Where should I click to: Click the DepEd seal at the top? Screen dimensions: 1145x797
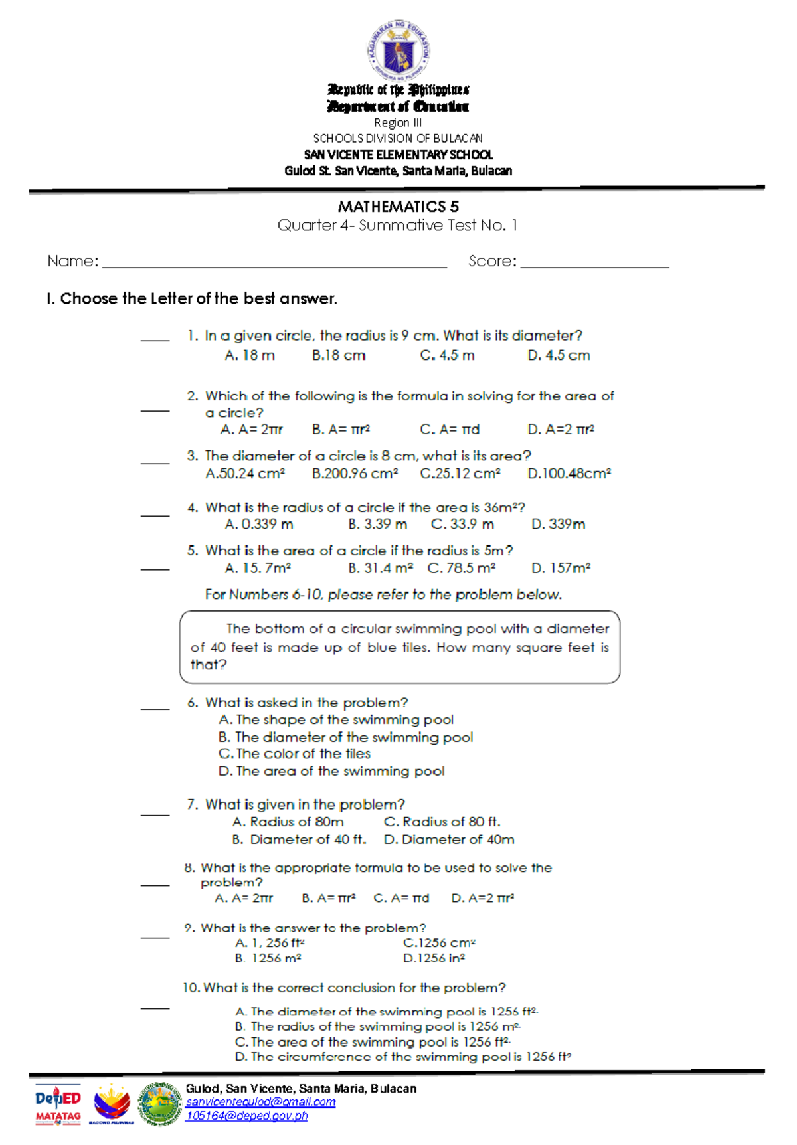pos(398,50)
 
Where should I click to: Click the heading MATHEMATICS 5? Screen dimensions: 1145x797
pos(398,207)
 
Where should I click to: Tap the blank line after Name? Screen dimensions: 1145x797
pos(274,265)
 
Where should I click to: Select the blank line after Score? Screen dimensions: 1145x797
pos(594,265)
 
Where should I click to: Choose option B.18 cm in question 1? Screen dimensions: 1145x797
pos(339,355)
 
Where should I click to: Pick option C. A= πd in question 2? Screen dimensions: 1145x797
pos(450,430)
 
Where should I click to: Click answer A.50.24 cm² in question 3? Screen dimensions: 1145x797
pos(245,474)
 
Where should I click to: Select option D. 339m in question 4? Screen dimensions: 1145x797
pos(558,524)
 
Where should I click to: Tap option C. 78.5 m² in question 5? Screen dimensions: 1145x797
pos(462,569)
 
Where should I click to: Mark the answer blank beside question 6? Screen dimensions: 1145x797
pos(155,709)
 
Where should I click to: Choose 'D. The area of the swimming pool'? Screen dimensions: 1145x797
pos(331,771)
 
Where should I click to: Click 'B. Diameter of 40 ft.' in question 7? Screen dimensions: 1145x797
pos(299,839)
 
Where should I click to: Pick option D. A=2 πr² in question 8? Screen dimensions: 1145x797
pos(482,898)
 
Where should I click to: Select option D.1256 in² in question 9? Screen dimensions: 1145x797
pos(434,958)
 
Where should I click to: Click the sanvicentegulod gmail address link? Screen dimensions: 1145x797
pos(260,1102)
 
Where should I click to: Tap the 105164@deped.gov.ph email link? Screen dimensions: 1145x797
pos(246,1116)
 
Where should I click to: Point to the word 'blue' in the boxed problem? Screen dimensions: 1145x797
pos(382,647)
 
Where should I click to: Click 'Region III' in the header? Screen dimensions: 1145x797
pos(397,123)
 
